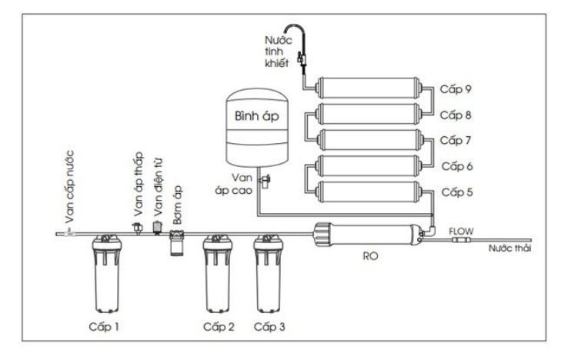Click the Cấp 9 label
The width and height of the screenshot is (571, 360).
(x=455, y=88)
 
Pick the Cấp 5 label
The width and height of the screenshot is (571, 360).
(x=455, y=191)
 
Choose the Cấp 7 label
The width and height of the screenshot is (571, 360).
(x=455, y=140)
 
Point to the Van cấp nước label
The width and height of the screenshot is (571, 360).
(x=68, y=189)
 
